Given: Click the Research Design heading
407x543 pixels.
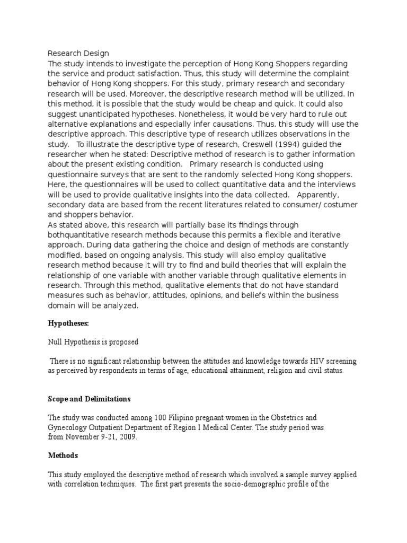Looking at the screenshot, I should point(78,53).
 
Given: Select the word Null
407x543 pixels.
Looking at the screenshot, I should point(56,342).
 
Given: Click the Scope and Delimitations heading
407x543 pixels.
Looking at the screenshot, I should point(89,399).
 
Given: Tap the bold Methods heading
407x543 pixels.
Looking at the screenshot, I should point(63,456).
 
